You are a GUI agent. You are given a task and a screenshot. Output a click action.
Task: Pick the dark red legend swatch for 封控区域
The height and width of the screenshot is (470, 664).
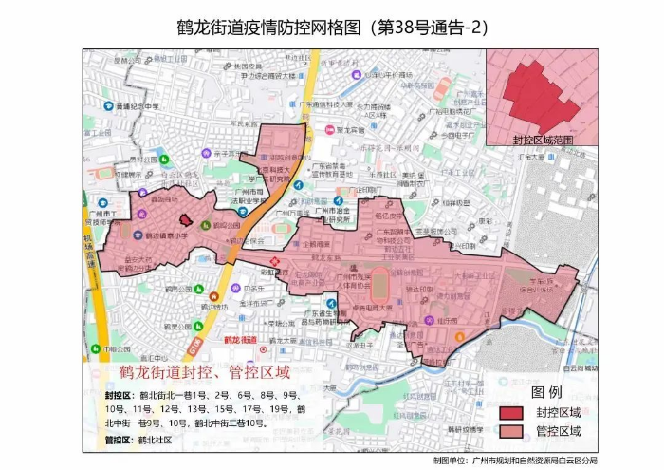512,412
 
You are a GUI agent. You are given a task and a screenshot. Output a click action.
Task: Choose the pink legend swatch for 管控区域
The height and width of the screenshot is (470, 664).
512,431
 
